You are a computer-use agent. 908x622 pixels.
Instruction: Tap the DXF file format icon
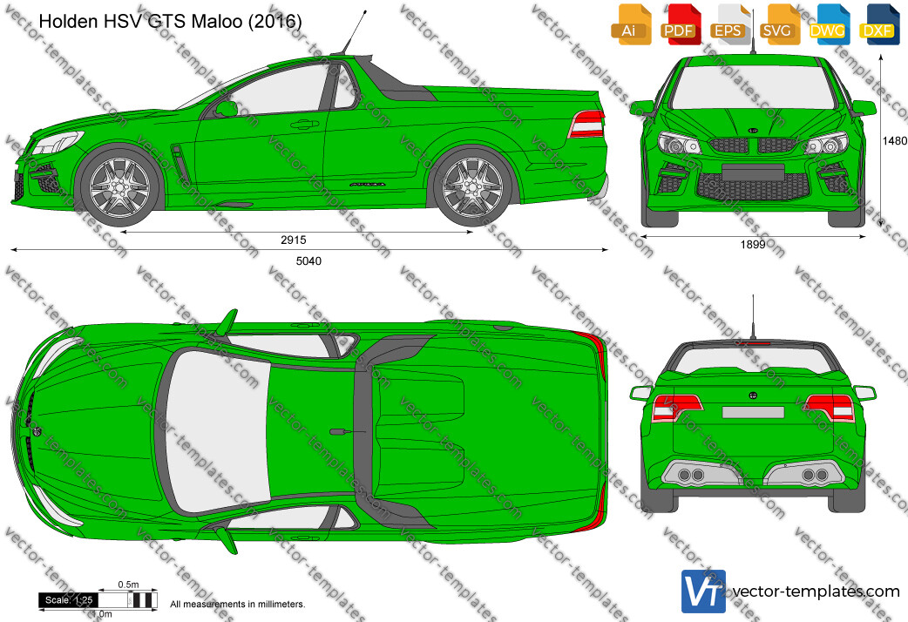[x=878, y=24]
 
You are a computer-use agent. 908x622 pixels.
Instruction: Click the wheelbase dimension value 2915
[x=294, y=240]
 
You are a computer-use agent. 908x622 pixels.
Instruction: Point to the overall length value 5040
[x=308, y=261]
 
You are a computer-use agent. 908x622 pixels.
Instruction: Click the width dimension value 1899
[x=753, y=245]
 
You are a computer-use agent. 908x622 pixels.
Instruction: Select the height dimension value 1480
[x=894, y=141]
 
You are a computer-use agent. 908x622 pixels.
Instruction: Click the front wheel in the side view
[x=120, y=186]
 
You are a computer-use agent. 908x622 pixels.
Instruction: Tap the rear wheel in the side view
[x=472, y=186]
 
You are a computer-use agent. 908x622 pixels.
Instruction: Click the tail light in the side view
[x=586, y=124]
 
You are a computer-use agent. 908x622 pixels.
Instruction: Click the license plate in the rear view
[x=753, y=412]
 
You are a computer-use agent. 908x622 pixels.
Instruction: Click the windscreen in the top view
[x=217, y=432]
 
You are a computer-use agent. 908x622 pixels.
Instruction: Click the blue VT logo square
[x=703, y=592]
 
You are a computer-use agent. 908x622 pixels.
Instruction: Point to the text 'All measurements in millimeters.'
[x=237, y=604]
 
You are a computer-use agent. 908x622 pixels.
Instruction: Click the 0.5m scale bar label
[x=128, y=585]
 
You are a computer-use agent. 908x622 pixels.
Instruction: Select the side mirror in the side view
[x=226, y=109]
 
